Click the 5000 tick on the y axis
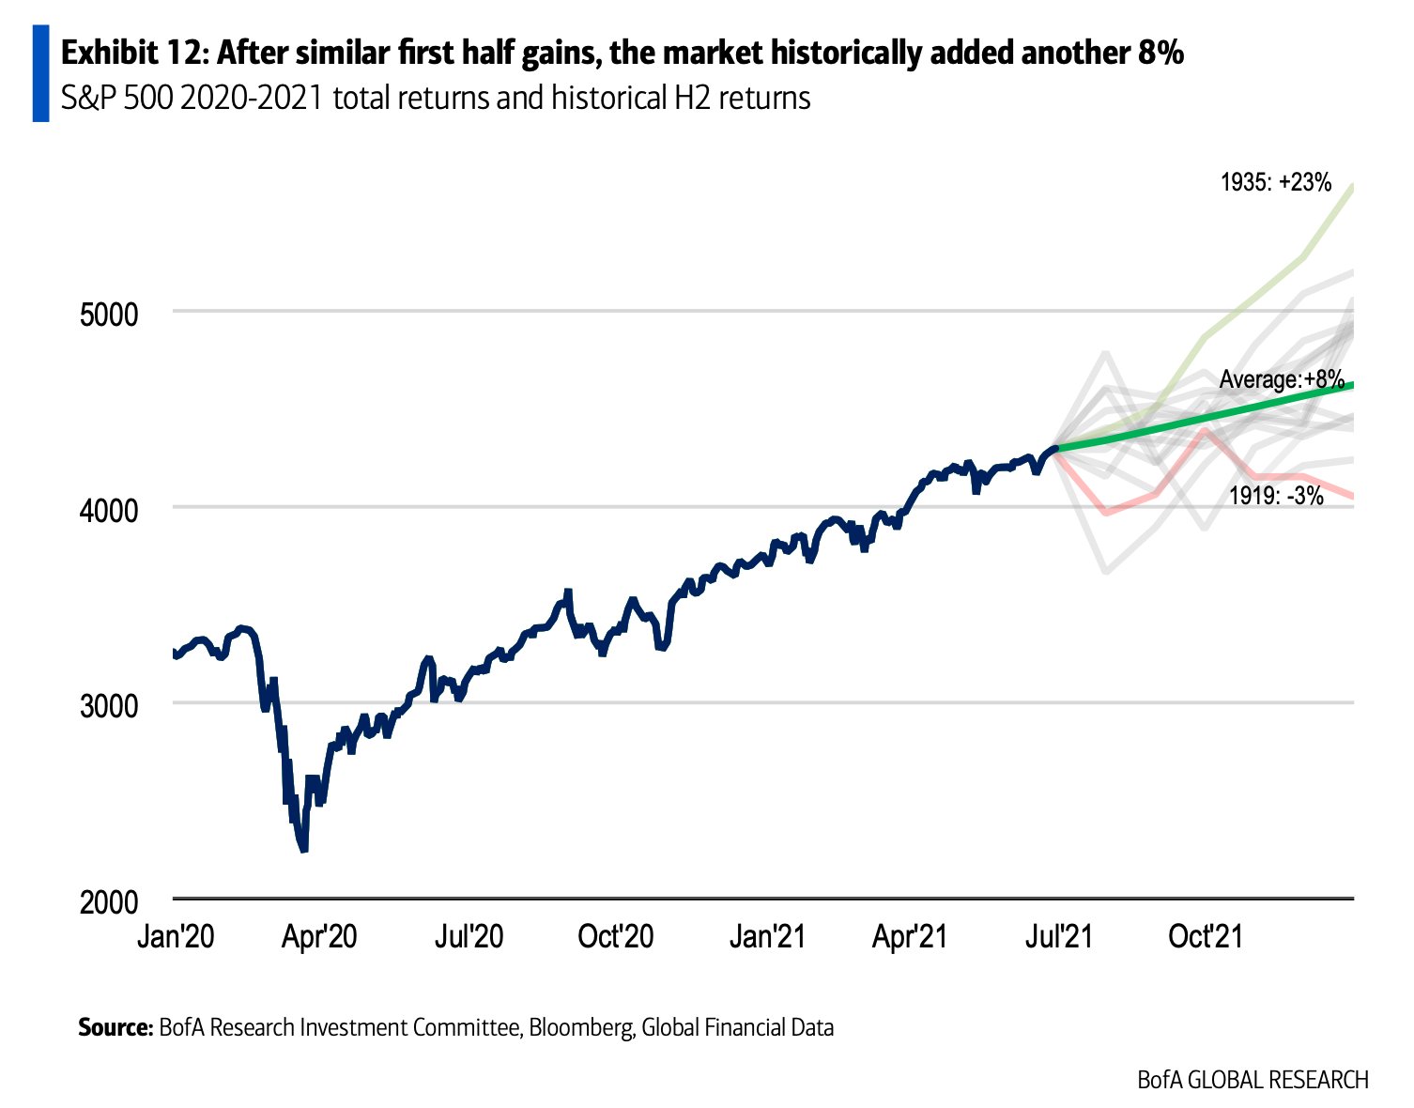108,314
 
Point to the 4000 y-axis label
108,510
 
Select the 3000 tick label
108,706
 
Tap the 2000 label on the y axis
108,902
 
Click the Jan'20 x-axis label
175,936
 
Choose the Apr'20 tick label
319,936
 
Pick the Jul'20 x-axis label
469,936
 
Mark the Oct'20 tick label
616,936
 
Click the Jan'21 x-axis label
767,936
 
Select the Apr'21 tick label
910,936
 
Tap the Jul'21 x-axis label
1058,936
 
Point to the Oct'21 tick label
1206,936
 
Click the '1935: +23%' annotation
1275,182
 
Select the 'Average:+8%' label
1282,380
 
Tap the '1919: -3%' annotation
1276,495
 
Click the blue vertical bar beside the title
40,73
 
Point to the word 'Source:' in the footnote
115,1027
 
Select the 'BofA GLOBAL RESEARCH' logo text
1253,1080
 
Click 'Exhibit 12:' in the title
133,54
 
